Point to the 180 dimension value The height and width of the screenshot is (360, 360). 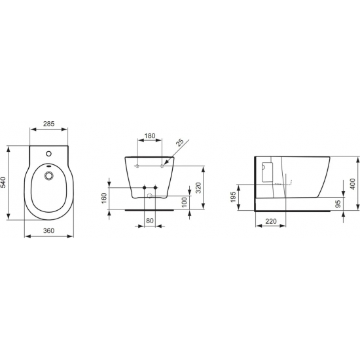click(149, 136)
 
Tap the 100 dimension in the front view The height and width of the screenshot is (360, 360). click(185, 199)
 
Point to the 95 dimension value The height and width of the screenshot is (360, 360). click(338, 204)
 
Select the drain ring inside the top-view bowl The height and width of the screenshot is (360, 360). click(48, 175)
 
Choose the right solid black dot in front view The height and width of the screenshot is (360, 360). click(156, 189)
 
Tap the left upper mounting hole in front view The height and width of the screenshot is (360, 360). click(137, 167)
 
